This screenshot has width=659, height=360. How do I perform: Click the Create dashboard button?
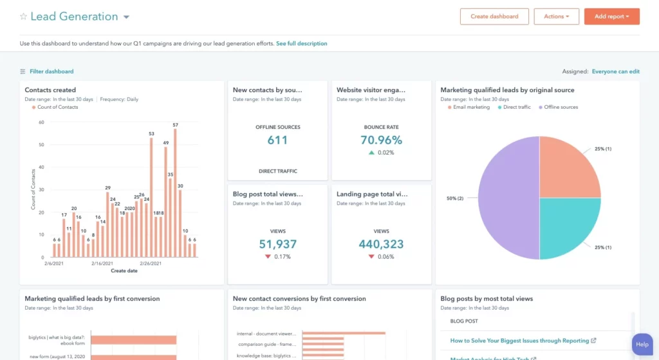[x=494, y=17]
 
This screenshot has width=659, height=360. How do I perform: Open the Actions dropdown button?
[x=556, y=17]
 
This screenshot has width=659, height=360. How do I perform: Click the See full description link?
[x=301, y=44]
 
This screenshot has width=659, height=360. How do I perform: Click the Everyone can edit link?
[x=615, y=71]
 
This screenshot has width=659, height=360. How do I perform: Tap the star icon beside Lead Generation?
[x=23, y=17]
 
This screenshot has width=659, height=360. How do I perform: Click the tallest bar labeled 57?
[x=175, y=193]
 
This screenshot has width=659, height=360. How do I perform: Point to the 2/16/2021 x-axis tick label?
[x=102, y=263]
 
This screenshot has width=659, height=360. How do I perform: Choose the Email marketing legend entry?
[x=470, y=107]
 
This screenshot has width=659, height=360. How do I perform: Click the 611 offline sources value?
[x=277, y=140]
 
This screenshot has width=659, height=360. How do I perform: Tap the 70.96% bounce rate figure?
[x=381, y=140]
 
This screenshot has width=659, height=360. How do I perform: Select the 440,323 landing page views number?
[x=381, y=244]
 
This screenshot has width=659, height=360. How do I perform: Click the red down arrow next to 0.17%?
[x=267, y=257]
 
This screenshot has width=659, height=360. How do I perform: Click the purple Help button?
[x=642, y=345]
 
